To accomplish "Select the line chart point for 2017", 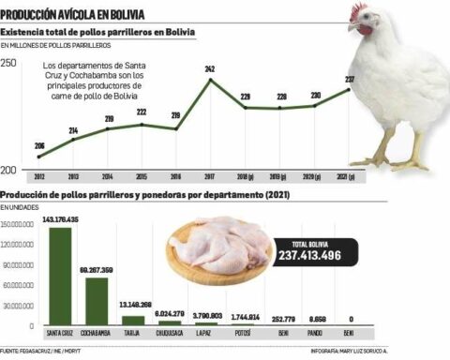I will (209, 80).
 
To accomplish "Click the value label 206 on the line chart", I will (39, 145).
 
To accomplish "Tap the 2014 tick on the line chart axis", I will (108, 175).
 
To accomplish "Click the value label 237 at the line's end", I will (350, 79).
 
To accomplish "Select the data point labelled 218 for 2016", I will (175, 127).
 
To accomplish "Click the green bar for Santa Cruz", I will (60, 276).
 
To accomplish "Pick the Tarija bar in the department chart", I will (133, 318).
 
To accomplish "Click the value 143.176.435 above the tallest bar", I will (59, 218).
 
